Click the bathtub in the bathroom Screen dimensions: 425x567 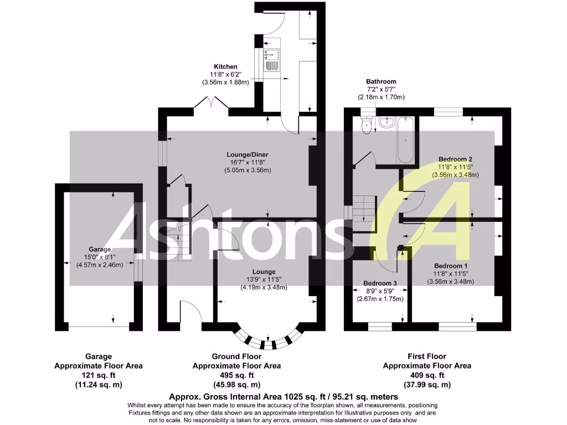(405, 139)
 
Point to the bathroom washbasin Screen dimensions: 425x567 (387, 122)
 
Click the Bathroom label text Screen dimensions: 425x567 (381, 81)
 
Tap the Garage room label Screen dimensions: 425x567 (100, 249)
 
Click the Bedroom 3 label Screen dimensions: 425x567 (380, 283)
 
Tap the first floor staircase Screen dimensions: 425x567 (365, 213)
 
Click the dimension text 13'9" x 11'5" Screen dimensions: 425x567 (264, 280)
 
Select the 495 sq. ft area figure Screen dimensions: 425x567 (236, 375)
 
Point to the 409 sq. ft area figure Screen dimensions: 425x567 (427, 375)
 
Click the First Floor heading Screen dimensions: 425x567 (427, 356)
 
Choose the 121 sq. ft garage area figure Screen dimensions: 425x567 (98, 375)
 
